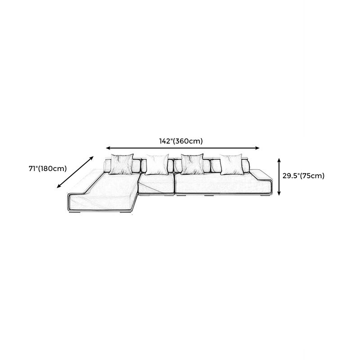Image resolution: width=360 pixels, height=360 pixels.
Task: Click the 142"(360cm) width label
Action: click(x=181, y=141)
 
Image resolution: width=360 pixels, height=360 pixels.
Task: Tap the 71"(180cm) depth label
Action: click(x=48, y=169)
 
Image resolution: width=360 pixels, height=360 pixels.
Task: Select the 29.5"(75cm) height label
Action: click(x=303, y=176)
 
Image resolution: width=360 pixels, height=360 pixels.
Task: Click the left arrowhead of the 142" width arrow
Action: click(x=108, y=148)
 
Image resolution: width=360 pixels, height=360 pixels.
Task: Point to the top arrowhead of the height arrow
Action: click(x=279, y=159)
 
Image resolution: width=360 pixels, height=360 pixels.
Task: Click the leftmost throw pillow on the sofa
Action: click(x=121, y=164)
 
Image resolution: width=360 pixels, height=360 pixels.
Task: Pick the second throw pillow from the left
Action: click(x=156, y=164)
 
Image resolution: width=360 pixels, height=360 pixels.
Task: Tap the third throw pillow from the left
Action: click(x=192, y=164)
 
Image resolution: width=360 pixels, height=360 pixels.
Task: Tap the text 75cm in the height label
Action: click(x=313, y=176)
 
